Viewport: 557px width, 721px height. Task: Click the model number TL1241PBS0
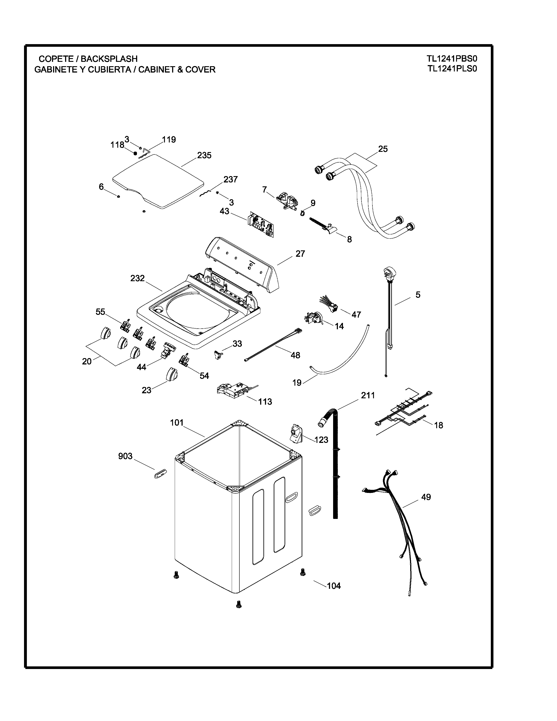[452, 59]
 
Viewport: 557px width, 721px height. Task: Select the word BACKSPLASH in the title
[109, 59]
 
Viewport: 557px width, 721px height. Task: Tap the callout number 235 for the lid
[204, 156]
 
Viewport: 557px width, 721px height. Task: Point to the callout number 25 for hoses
[383, 149]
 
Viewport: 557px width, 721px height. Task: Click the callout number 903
[125, 456]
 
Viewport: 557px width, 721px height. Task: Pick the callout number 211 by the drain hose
[368, 395]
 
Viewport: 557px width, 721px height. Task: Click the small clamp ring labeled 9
[302, 214]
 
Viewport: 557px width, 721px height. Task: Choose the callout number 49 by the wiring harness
[426, 497]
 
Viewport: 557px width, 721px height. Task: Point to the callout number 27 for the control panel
[300, 254]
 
